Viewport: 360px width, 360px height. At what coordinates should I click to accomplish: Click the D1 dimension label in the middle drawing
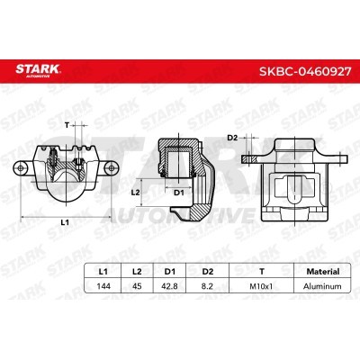click(177, 192)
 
